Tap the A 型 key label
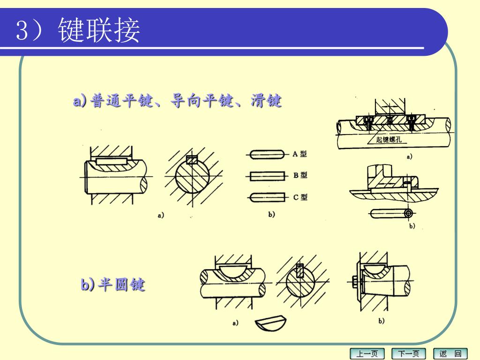click(300, 154)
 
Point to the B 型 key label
click(300, 175)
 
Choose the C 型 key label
click(300, 197)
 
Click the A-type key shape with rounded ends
click(268, 154)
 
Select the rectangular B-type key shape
click(268, 176)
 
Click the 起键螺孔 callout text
click(389, 140)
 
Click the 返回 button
click(450, 353)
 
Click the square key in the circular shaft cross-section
click(192, 160)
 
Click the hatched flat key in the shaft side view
click(111, 161)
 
